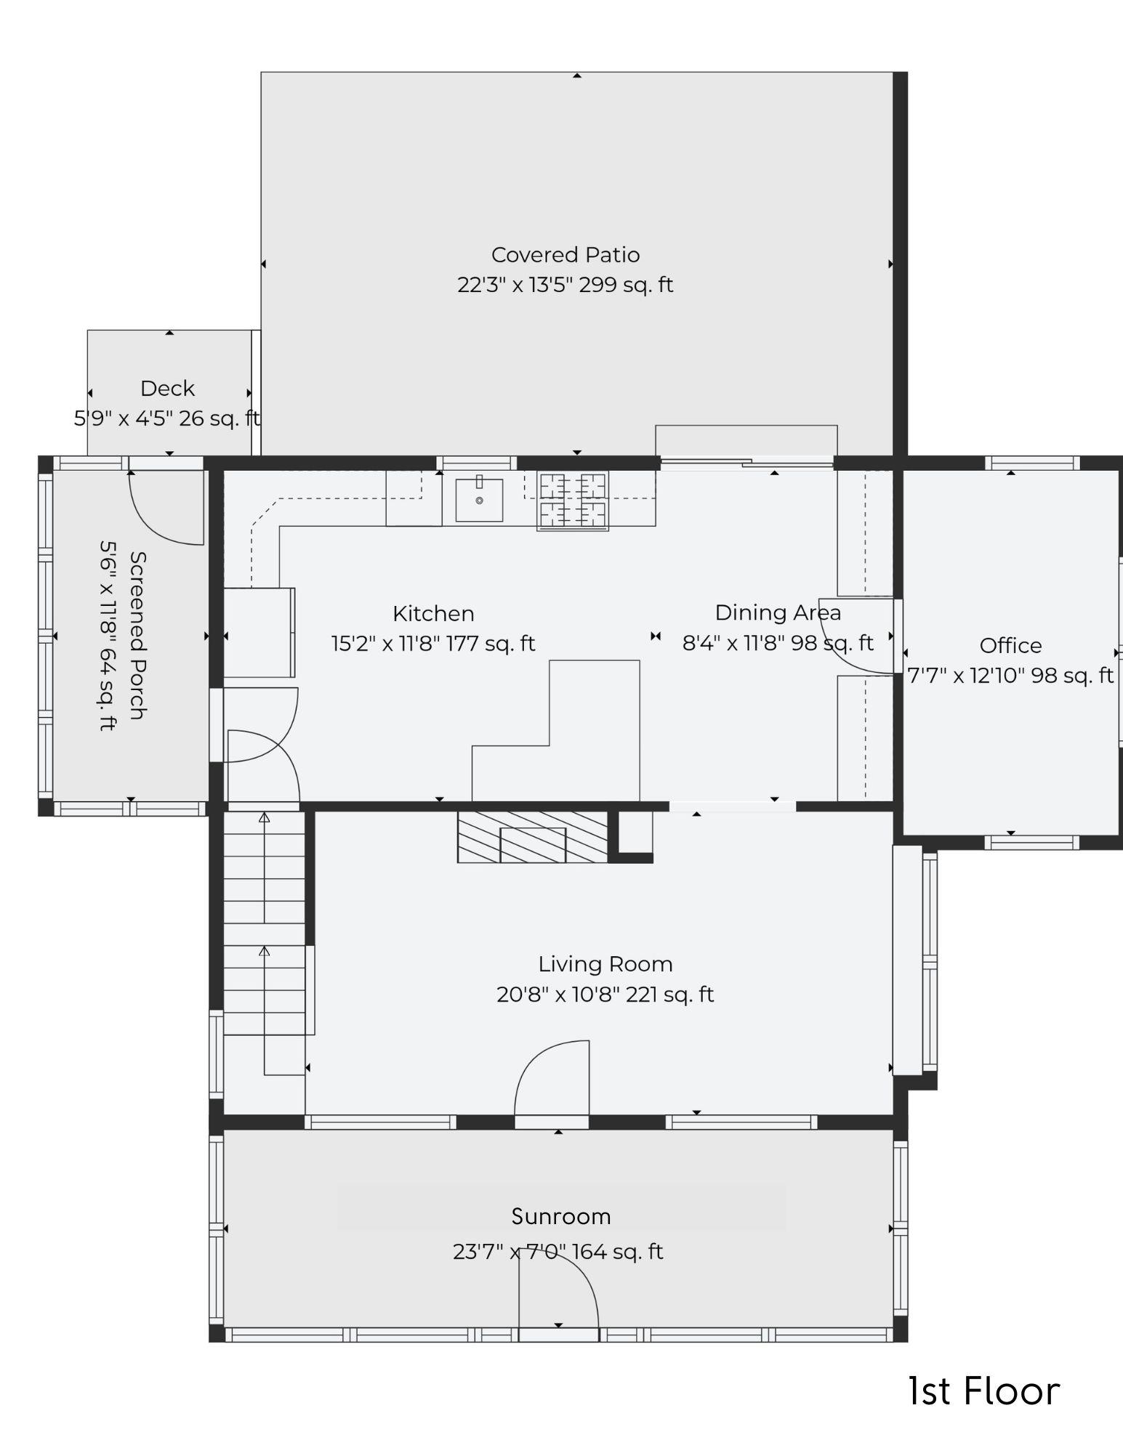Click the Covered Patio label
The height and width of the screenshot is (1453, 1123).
point(565,255)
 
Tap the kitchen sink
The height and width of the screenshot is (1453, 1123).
point(479,500)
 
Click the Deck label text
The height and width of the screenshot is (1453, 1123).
point(167,389)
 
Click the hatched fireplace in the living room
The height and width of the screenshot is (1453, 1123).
point(533,837)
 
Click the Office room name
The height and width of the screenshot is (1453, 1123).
point(1010,646)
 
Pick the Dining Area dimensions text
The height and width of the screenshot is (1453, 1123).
point(778,644)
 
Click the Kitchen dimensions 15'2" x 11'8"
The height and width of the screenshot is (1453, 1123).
point(433,644)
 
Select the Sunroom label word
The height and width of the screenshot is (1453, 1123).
point(560,1216)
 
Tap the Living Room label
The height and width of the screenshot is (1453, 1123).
point(605,964)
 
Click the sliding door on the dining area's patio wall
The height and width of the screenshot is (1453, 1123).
point(746,461)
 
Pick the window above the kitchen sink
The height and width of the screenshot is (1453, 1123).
point(476,463)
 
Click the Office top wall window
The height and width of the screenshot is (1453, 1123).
point(1032,463)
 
